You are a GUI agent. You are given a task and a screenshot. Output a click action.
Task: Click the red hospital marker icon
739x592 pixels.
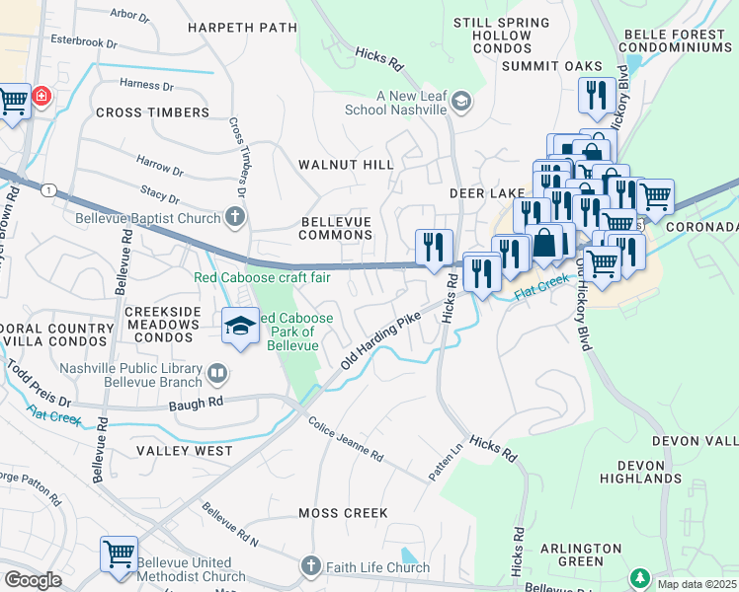41,97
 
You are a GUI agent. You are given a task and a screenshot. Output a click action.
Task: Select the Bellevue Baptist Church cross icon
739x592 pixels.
234,215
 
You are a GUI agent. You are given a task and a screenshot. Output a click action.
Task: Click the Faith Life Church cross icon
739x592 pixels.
311,566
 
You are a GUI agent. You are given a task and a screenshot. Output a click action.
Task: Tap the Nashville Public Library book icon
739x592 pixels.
216,374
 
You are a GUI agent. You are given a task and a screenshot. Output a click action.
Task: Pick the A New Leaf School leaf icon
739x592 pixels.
459,102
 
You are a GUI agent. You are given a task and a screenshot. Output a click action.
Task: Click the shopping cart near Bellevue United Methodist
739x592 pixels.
119,554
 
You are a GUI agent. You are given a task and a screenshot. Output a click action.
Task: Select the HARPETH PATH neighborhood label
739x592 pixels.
242,28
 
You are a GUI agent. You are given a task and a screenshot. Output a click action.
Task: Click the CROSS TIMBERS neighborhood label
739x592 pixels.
153,112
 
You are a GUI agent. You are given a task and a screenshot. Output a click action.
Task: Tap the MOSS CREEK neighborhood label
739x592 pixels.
343,513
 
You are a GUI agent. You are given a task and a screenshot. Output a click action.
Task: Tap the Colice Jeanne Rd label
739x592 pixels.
345,441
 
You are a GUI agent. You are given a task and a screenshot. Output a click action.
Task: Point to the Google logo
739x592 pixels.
33,580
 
